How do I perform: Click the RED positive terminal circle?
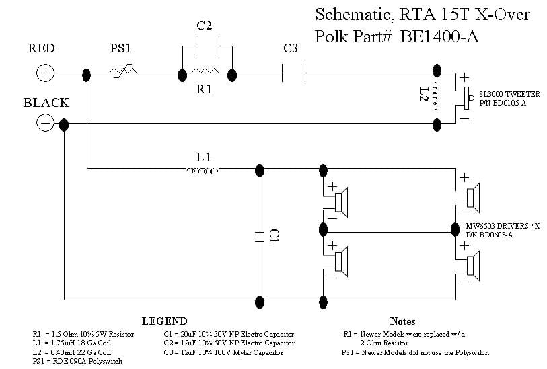pyautogui.click(x=45, y=73)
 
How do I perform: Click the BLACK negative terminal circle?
pyautogui.click(x=45, y=123)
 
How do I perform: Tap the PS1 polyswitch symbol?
pyautogui.click(x=124, y=73)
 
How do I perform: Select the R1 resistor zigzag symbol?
pyautogui.click(x=205, y=73)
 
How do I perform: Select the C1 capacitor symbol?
pyautogui.click(x=259, y=235)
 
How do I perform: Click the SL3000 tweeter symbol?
pyautogui.click(x=465, y=97)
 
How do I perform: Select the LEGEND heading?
pyautogui.click(x=164, y=321)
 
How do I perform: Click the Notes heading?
pyautogui.click(x=402, y=321)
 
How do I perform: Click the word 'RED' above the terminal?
pyautogui.click(x=42, y=48)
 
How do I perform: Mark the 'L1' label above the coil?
pyautogui.click(x=204, y=157)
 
